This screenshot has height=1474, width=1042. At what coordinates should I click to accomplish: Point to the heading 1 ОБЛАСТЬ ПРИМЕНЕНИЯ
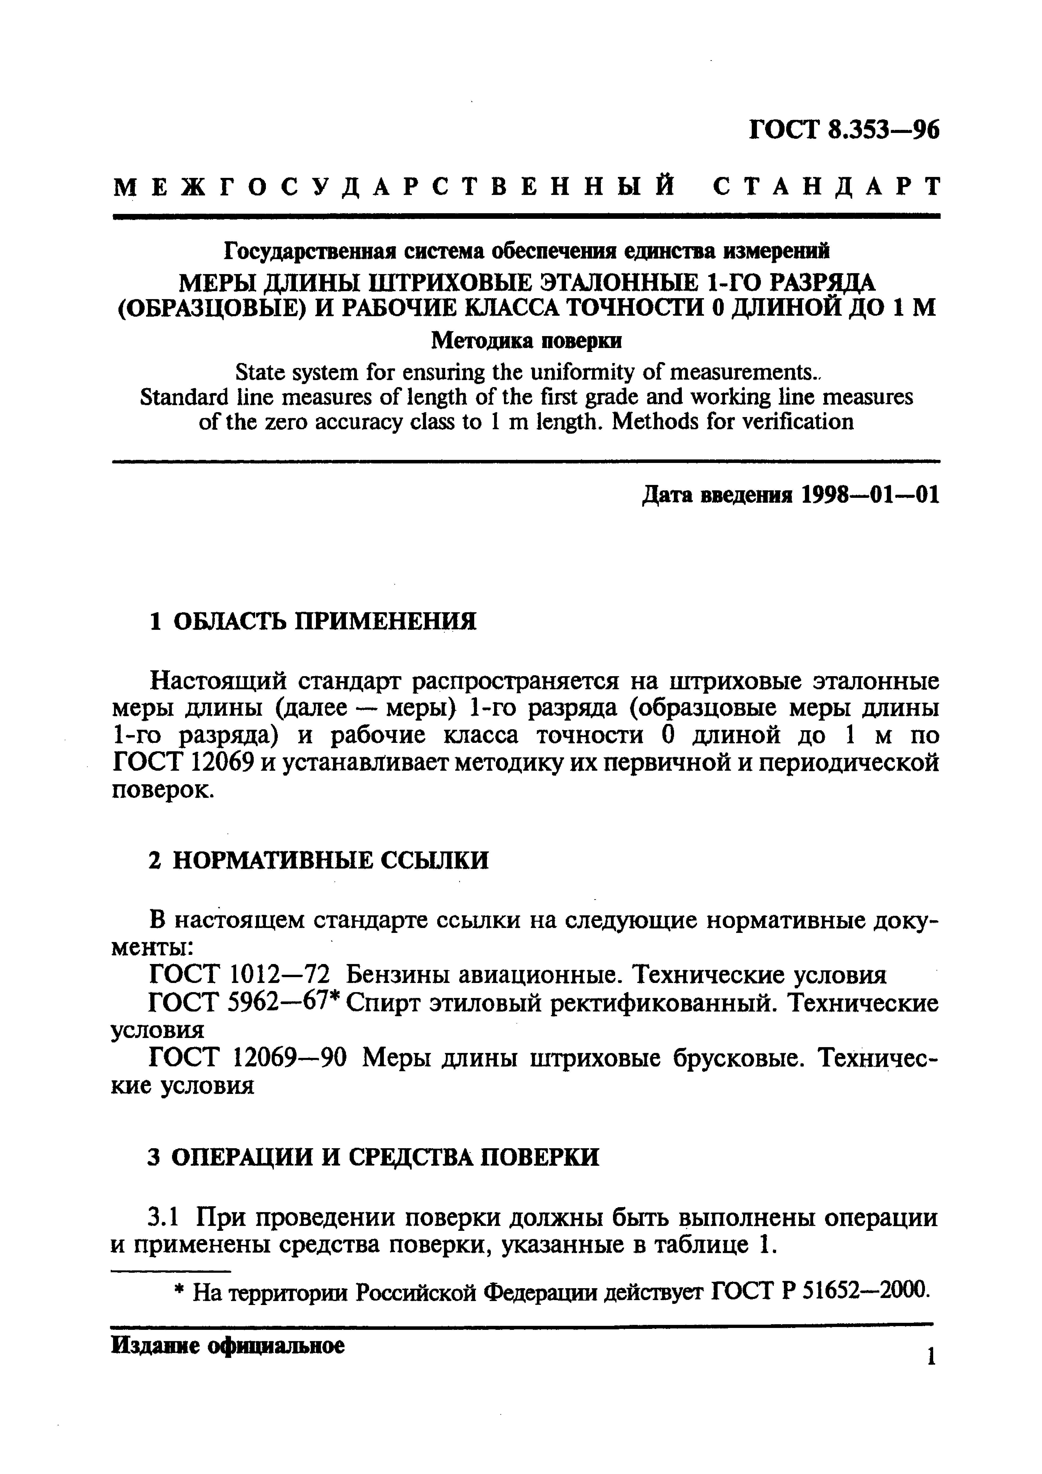click(x=313, y=621)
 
